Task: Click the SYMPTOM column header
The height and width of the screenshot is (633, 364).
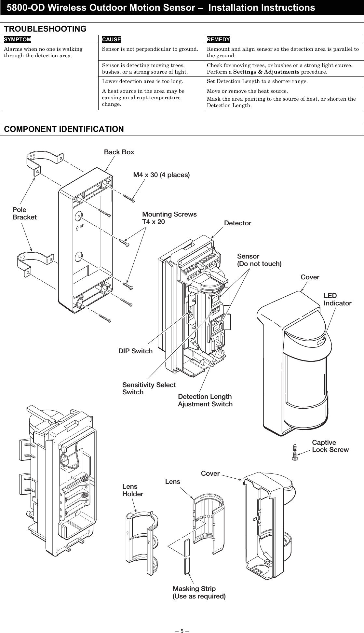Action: pyautogui.click(x=18, y=39)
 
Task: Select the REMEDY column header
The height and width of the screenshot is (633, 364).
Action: pyautogui.click(x=218, y=39)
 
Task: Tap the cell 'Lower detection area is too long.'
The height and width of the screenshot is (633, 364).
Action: pyautogui.click(x=142, y=81)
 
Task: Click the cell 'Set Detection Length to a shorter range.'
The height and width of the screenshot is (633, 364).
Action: pyautogui.click(x=257, y=81)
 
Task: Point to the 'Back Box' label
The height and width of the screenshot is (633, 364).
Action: pyautogui.click(x=119, y=152)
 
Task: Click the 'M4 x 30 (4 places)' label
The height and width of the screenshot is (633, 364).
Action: pyautogui.click(x=161, y=175)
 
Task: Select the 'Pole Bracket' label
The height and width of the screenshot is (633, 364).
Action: pyautogui.click(x=24, y=213)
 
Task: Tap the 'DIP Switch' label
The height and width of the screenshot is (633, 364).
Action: pyautogui.click(x=135, y=351)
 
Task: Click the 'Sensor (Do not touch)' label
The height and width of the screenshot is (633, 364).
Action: pyautogui.click(x=259, y=260)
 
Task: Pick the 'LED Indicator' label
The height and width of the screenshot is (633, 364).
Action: pyautogui.click(x=337, y=299)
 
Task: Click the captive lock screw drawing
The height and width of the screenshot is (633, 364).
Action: pyautogui.click(x=295, y=452)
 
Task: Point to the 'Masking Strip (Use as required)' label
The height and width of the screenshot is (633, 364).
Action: pyautogui.click(x=199, y=592)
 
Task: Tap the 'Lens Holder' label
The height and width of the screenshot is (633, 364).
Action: pyautogui.click(x=132, y=490)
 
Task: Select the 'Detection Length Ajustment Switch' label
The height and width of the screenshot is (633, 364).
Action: pyautogui.click(x=205, y=400)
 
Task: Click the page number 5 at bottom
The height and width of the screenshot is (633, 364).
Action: pyautogui.click(x=182, y=630)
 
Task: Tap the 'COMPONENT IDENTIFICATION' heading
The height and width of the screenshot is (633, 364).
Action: pyautogui.click(x=64, y=129)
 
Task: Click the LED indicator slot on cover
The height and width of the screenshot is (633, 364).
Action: pyautogui.click(x=320, y=342)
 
